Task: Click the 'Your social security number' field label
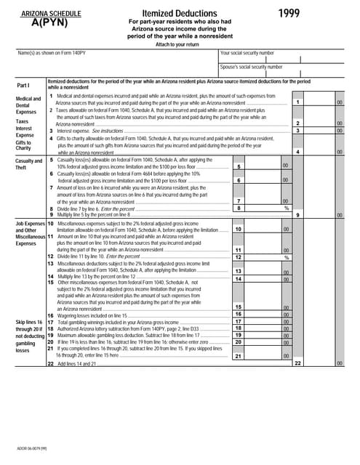tap(247, 53)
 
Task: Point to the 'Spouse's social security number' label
tap(252, 67)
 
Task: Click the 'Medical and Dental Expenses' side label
tap(28, 105)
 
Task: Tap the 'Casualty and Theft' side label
tap(28, 164)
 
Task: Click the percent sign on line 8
tap(286, 208)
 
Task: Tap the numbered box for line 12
tap(239, 257)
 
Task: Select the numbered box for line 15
tap(239, 307)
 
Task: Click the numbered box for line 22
tap(298, 363)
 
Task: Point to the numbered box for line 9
tap(298, 215)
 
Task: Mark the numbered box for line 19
tap(239, 335)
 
